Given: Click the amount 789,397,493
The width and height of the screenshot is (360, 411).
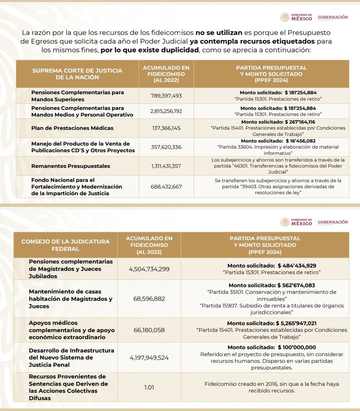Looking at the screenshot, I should [166, 96].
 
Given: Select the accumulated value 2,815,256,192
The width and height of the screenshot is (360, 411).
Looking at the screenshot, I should [166, 111].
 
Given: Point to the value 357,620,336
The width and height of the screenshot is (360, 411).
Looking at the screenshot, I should [166, 147].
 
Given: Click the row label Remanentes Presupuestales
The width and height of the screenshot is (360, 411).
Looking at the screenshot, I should [71, 166].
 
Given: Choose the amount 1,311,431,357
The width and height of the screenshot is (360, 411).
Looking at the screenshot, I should [166, 166].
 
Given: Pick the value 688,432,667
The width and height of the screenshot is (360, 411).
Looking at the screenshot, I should [166, 187].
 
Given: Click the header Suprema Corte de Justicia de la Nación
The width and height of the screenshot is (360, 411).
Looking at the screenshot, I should [77, 74].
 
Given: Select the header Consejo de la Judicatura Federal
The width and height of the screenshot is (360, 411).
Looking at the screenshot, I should [65, 245].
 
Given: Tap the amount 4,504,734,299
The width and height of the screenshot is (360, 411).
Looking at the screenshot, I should [149, 269].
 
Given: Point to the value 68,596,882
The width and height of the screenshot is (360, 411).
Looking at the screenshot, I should [149, 299].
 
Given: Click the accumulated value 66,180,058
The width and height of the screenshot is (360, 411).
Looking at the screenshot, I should [149, 330].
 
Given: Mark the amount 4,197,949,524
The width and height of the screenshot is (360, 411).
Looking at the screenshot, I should [149, 358].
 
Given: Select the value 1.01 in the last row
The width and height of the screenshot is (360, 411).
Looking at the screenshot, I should [149, 387].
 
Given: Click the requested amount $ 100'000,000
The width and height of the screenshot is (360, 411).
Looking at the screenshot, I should [297, 347].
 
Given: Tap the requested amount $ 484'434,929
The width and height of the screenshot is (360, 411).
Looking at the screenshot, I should [297, 265].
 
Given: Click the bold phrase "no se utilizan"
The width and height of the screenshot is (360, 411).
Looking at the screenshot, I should [219, 33].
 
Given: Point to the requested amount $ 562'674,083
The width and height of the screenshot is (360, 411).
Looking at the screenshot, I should [296, 285].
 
